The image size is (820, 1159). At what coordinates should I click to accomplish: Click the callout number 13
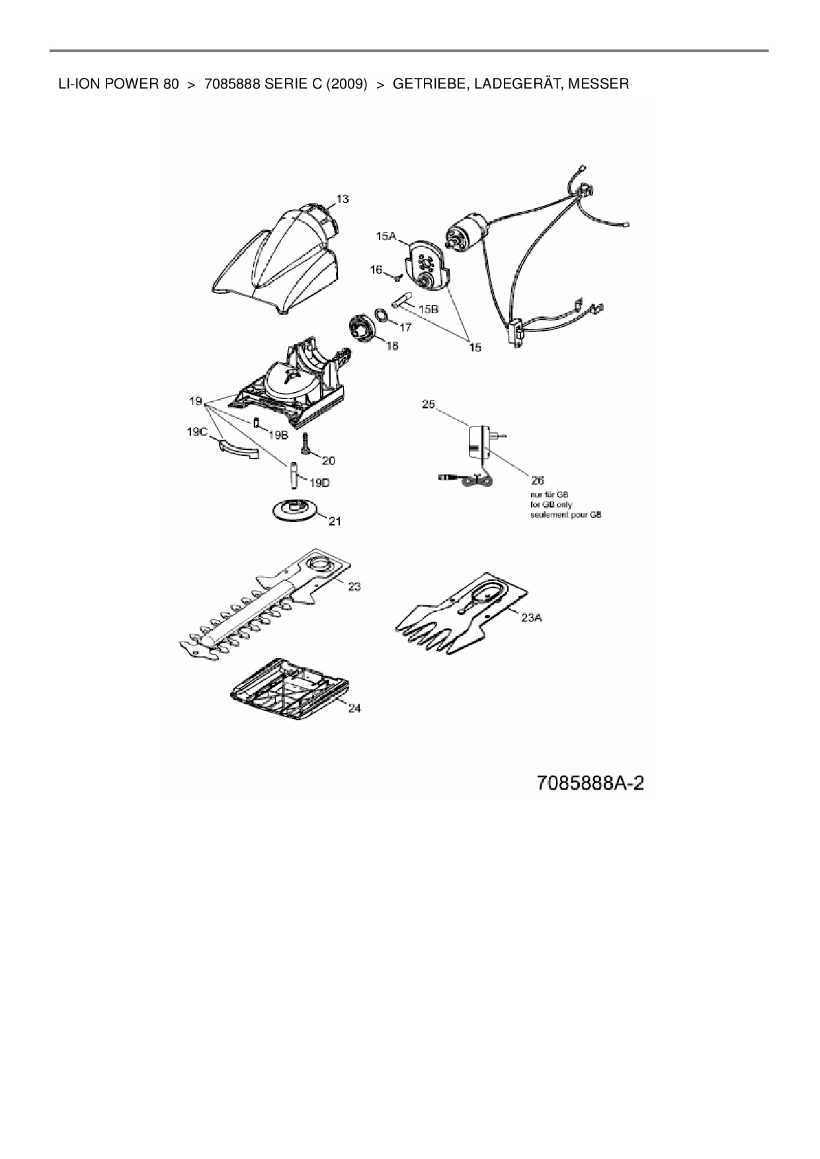coord(342,199)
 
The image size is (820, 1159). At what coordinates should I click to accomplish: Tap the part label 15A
coord(386,236)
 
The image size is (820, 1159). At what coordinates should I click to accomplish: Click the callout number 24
coord(354,708)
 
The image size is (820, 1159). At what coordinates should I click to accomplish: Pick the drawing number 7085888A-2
coord(590,784)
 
